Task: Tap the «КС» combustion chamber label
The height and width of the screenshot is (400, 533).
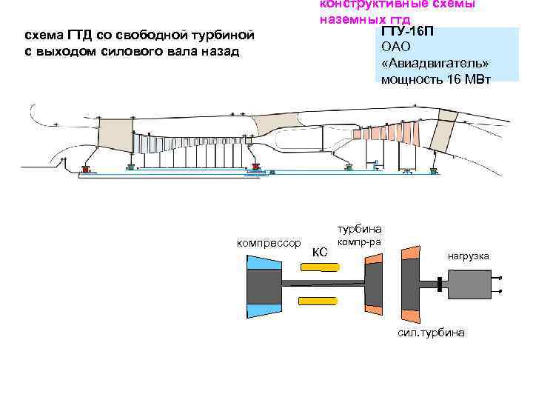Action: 320,253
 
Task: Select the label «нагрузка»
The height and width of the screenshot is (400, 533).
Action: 468,256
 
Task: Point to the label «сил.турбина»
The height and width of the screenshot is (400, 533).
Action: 432,333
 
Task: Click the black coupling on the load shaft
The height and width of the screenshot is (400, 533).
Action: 440,284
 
